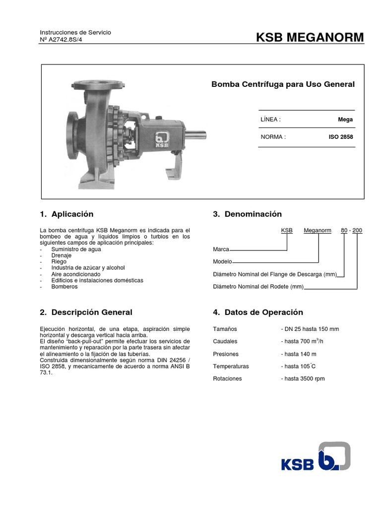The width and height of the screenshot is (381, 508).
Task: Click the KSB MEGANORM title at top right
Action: tap(310, 37)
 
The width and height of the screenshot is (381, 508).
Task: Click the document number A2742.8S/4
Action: tap(62, 39)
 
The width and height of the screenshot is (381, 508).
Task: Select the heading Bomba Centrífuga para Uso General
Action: tap(283, 84)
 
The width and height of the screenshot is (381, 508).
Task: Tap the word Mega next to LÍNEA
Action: tap(345, 120)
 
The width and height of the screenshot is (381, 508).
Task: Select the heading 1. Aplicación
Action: tap(66, 214)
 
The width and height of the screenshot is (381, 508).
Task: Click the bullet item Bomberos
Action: tap(64, 287)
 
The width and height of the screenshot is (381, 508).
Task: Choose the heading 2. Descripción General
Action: tap(86, 313)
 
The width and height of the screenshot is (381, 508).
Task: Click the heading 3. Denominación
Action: tap(247, 214)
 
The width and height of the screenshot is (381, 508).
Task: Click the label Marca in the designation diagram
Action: tap(221, 249)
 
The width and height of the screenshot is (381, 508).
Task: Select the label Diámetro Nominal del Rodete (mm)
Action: tap(258, 287)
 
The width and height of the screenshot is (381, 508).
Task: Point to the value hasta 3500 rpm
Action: tap(303, 379)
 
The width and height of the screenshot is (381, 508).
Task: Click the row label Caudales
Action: tap(225, 341)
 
